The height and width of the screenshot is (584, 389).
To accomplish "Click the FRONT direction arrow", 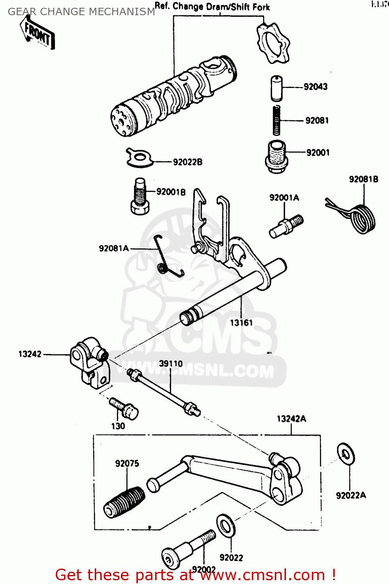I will point(37,34).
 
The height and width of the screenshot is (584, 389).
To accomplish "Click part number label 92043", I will point(315,87).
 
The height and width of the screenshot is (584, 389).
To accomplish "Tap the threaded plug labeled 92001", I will point(276,157).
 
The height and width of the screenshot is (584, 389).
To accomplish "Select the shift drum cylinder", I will point(173,96).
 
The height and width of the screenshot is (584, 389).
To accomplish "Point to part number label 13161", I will point(241,323).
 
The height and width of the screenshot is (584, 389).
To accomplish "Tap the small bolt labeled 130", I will point(124,408).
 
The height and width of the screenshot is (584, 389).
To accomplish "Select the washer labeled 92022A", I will point(345,454).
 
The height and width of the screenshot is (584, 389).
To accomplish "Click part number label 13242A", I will point(291,419).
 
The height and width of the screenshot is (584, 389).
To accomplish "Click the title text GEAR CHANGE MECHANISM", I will point(81,12).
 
